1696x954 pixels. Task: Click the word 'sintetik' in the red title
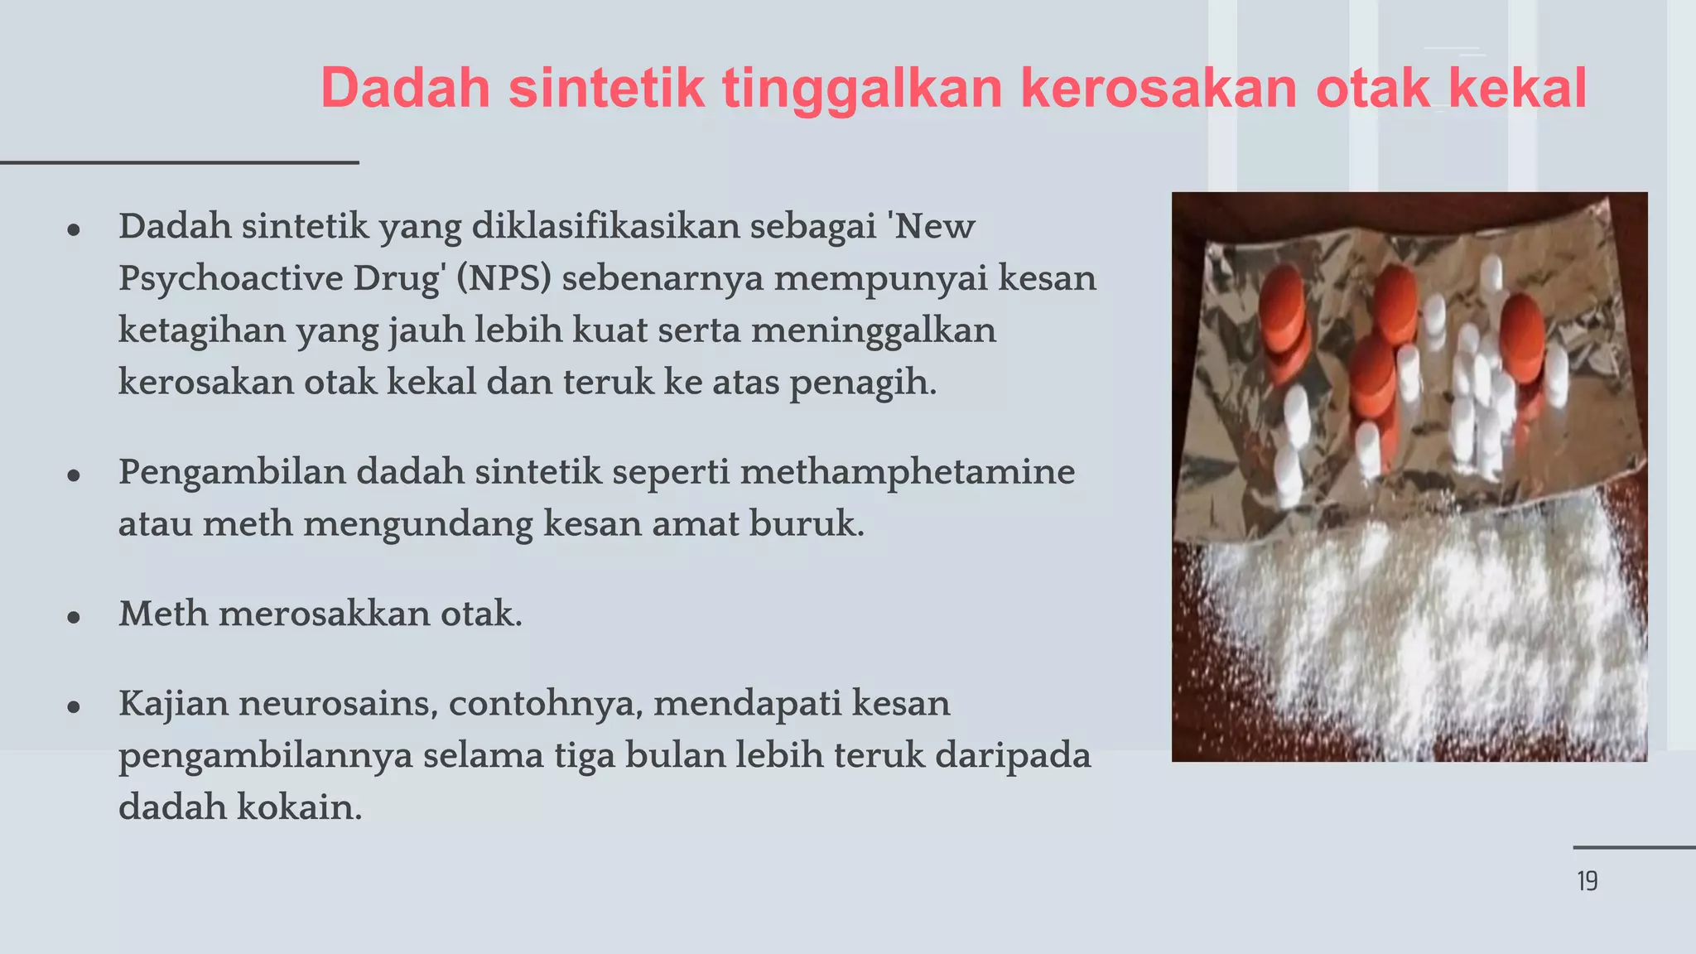[606, 88]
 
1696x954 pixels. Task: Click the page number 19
[1587, 881]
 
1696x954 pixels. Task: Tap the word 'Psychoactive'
[230, 278]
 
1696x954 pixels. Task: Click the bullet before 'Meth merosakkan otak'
[74, 618]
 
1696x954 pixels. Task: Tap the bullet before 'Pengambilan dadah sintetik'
[74, 476]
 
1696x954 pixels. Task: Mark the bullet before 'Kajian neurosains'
[74, 707]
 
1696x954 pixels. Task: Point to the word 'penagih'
[861, 383]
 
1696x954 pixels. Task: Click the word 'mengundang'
[418, 524]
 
